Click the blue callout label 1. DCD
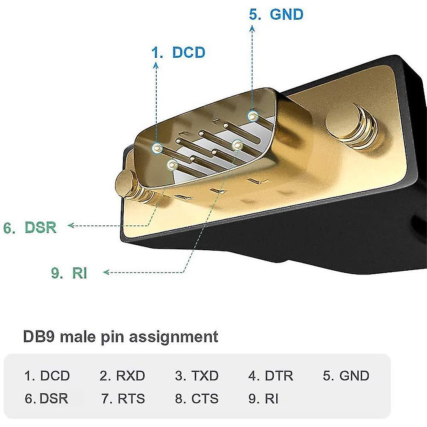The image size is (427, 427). click(x=178, y=53)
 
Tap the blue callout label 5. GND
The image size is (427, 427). click(x=276, y=15)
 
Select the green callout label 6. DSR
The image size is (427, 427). click(x=30, y=227)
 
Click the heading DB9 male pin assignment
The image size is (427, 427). click(x=120, y=336)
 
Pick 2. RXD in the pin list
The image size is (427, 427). click(x=122, y=376)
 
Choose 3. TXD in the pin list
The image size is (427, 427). click(x=196, y=376)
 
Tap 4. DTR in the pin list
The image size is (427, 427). click(x=271, y=376)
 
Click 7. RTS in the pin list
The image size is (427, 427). click(x=123, y=399)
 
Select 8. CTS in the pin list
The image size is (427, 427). click(x=196, y=399)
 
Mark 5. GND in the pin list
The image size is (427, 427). click(x=346, y=376)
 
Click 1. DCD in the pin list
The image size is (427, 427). click(x=47, y=376)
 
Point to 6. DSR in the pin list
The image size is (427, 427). click(x=47, y=399)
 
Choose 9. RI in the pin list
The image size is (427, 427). click(x=263, y=399)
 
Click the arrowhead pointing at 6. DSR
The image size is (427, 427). click(x=71, y=225)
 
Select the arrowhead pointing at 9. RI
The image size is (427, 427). click(x=106, y=272)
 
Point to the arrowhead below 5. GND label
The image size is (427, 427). click(x=252, y=29)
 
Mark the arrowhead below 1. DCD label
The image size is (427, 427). click(x=156, y=65)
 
